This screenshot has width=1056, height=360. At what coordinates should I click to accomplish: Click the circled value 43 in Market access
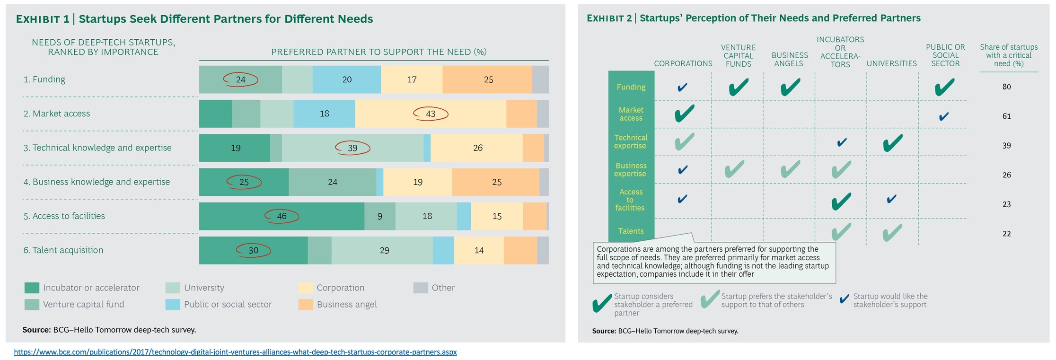point(431,114)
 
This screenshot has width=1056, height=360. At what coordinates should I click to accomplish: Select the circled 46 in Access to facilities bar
point(282,216)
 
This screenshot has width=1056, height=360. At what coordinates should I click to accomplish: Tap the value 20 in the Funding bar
point(347,79)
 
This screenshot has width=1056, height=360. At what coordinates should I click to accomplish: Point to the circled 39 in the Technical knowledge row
point(352,148)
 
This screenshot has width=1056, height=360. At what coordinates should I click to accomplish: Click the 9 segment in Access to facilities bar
point(379,216)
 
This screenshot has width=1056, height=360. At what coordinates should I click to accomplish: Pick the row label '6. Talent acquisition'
point(63,250)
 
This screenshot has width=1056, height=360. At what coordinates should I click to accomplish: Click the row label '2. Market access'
point(57,114)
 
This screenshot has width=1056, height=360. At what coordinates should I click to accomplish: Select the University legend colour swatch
point(173,288)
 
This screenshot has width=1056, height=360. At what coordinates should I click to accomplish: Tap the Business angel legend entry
point(347,305)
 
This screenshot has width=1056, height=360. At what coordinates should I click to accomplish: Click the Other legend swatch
point(420,288)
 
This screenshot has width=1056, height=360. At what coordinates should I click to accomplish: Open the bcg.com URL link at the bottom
point(235,352)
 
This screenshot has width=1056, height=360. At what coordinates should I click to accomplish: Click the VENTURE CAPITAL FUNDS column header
point(738,56)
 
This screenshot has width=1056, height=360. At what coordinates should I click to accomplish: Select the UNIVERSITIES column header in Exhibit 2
point(891,63)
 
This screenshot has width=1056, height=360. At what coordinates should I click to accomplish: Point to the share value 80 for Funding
point(1006,87)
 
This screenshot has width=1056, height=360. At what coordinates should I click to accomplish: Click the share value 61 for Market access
point(1006,116)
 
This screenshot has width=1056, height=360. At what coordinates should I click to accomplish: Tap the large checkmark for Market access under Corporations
point(684,114)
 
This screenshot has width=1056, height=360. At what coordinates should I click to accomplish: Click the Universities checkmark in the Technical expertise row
point(892,143)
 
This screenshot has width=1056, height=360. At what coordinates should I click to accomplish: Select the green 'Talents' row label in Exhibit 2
point(631,231)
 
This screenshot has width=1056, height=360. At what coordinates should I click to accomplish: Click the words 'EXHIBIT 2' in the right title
point(609,18)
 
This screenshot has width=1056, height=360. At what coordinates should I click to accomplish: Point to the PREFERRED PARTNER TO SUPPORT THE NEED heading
point(378,52)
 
